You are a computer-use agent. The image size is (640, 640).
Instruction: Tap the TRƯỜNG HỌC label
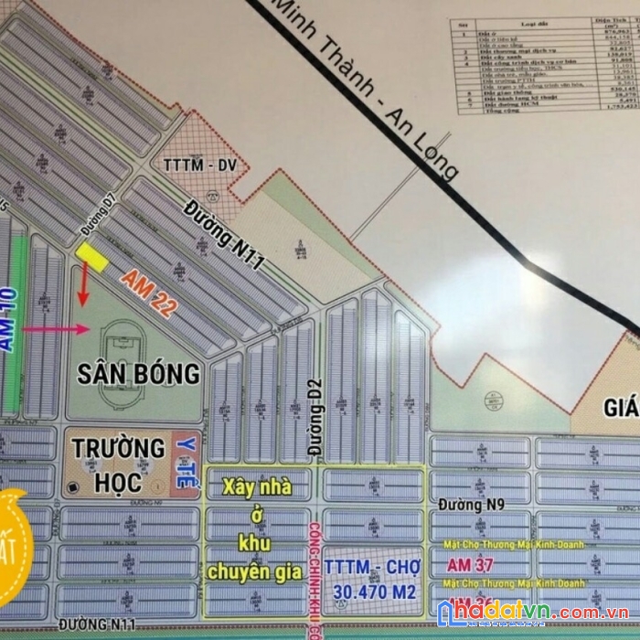tap(119, 464)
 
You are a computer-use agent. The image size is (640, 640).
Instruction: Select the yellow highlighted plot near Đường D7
tap(91, 256)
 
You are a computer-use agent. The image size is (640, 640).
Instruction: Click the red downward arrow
tap(82, 291)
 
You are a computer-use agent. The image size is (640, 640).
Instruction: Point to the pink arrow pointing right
tap(56, 329)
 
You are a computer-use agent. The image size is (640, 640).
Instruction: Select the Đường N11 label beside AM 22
tap(225, 237)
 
